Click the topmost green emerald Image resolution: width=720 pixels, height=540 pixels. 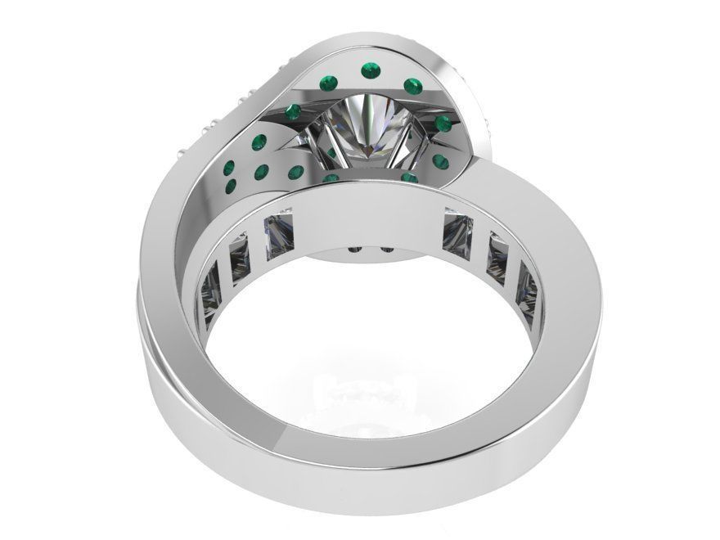click(x=369, y=74)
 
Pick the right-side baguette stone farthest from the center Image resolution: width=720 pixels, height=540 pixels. click(x=527, y=286)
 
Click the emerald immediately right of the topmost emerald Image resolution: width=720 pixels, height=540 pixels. click(x=413, y=84)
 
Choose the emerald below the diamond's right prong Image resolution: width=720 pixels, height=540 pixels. click(x=411, y=178)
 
